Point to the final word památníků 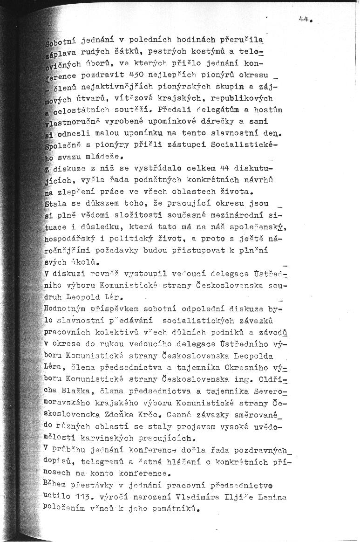click(170, 509)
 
